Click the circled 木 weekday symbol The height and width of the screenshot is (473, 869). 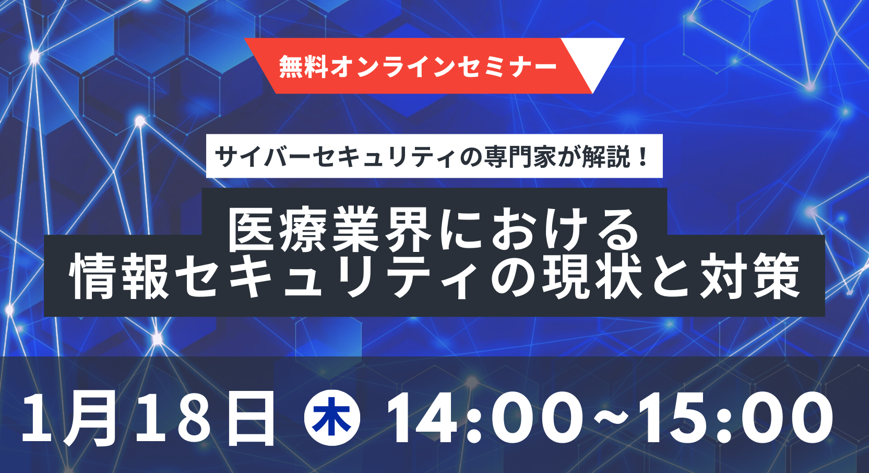click(x=332, y=418)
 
